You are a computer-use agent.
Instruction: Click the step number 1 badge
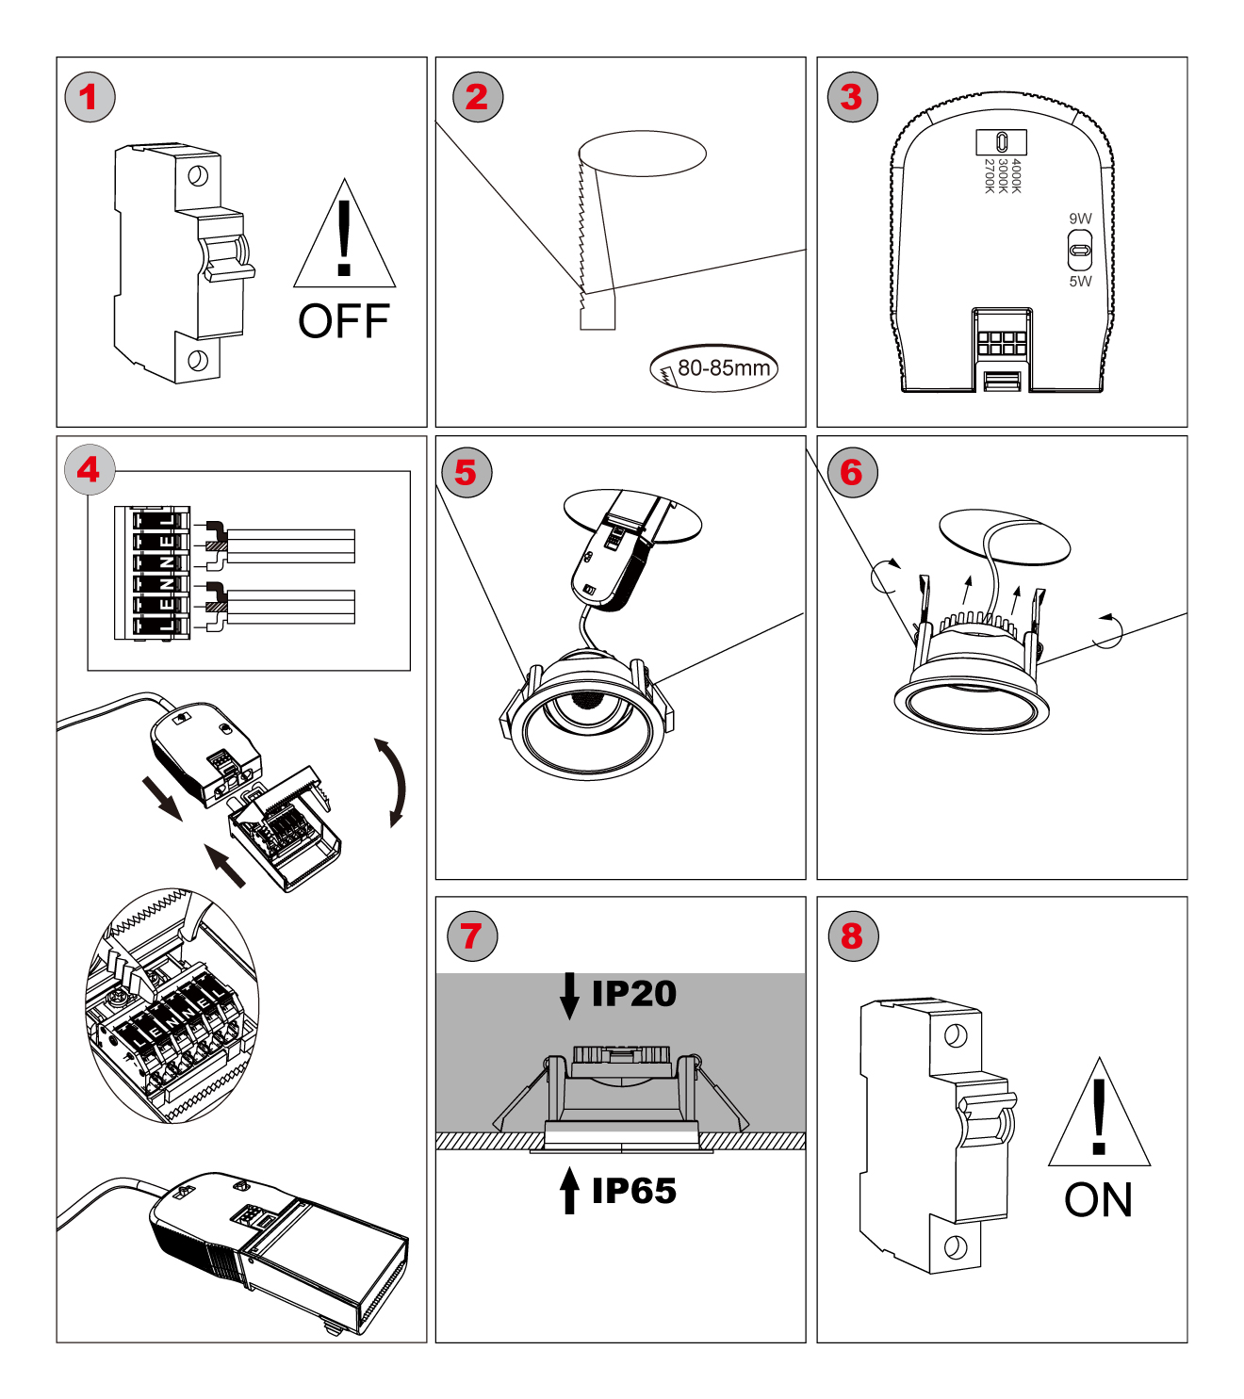[90, 97]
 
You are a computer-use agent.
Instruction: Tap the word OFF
[344, 321]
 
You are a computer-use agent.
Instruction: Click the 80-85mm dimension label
[723, 368]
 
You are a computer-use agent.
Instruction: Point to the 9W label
[1080, 219]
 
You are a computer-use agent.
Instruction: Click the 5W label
[1080, 281]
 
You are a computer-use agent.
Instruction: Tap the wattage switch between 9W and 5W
[1080, 251]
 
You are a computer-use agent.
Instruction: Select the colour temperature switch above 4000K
[1001, 142]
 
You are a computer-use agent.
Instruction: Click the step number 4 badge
[90, 469]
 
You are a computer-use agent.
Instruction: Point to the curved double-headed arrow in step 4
[394, 783]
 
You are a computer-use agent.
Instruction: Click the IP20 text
[633, 994]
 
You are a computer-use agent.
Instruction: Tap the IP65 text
[633, 1191]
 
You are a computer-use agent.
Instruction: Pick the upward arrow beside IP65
[569, 1190]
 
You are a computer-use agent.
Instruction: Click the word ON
[1098, 1200]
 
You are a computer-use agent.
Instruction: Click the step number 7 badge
[472, 935]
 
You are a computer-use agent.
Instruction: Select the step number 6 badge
[852, 472]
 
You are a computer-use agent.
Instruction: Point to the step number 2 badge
[478, 97]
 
